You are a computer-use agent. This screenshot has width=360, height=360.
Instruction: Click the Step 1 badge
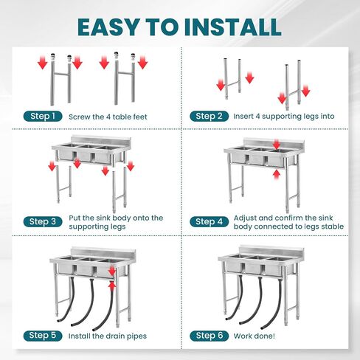(43, 117)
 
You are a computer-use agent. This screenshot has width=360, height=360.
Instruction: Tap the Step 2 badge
(209, 116)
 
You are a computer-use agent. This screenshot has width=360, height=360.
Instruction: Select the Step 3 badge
(43, 222)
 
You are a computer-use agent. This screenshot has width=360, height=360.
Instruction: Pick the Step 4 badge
(209, 222)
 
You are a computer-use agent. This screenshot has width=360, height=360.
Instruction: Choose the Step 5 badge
(43, 336)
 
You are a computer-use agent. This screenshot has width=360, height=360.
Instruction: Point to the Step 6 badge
(209, 336)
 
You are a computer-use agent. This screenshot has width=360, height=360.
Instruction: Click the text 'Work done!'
(255, 336)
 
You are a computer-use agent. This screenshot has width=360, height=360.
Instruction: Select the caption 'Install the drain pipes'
(108, 336)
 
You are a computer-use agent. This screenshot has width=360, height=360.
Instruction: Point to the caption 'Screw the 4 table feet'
(108, 117)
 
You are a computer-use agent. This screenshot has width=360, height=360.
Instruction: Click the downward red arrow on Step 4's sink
(277, 144)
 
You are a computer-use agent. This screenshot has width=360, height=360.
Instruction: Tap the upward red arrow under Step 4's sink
(277, 175)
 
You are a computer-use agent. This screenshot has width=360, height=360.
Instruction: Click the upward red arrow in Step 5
(112, 286)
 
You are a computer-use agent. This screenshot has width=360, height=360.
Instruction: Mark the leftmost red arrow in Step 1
(43, 63)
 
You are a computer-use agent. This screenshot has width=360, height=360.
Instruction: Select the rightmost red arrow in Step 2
(305, 91)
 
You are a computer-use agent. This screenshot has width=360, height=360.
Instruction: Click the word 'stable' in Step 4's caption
(333, 226)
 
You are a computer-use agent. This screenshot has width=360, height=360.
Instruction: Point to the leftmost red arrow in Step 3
(52, 166)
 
